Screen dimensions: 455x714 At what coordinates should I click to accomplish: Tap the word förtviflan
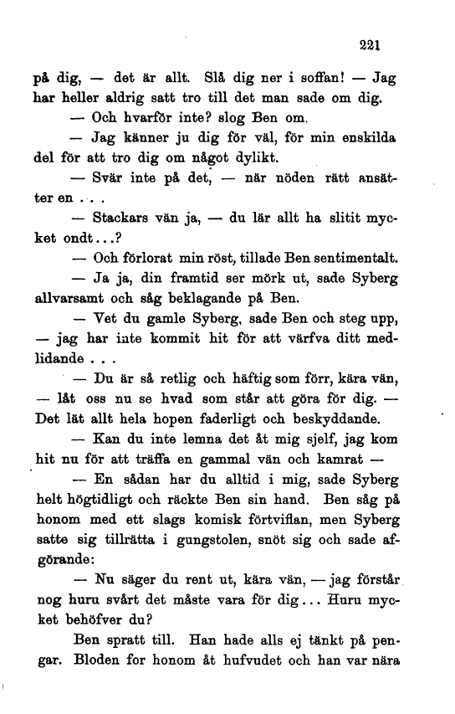point(258,523)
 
